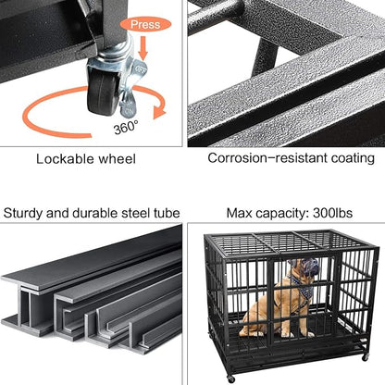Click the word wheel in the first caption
pos(116,158)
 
